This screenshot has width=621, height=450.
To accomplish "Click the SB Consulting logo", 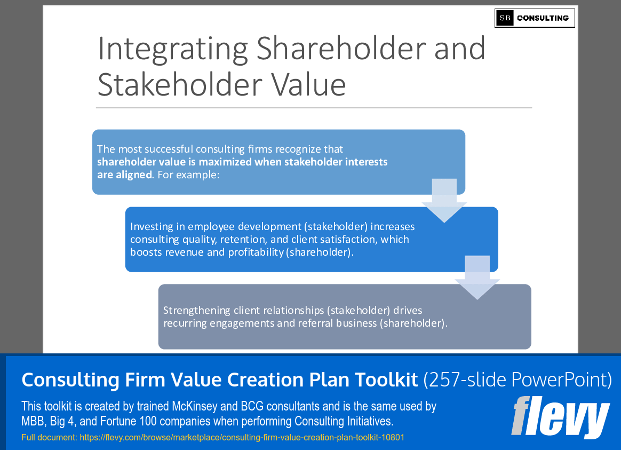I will tap(535, 18).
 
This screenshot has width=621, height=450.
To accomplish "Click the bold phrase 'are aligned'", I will tap(124, 175).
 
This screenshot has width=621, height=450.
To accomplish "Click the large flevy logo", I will tap(560, 417).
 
